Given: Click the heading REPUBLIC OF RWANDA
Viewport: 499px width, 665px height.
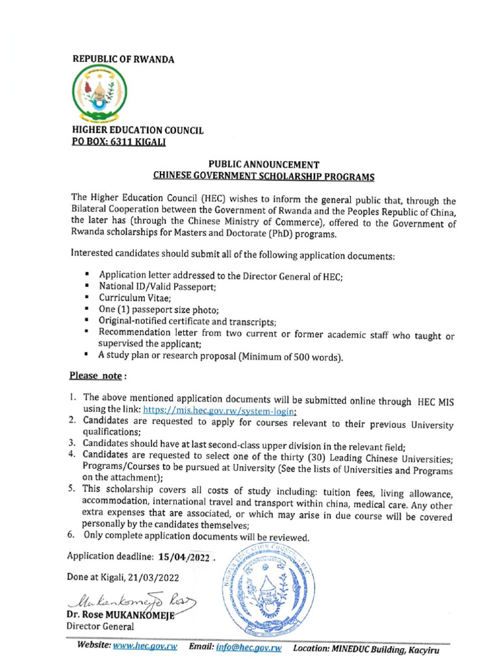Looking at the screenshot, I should coord(123,60).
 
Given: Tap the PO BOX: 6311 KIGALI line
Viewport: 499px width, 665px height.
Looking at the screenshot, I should coord(119,142).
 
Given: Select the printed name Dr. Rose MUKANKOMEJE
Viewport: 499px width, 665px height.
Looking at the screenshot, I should coord(121,614).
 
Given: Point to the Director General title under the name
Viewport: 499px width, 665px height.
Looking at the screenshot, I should coord(101,627).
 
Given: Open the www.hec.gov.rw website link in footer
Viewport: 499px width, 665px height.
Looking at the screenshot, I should coord(146,647).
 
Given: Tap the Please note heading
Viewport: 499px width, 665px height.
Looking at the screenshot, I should coord(96,376).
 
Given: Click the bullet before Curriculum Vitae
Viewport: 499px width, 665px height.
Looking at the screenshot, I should coord(87,297).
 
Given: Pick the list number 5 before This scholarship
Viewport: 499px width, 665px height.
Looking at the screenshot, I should coord(73,488).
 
